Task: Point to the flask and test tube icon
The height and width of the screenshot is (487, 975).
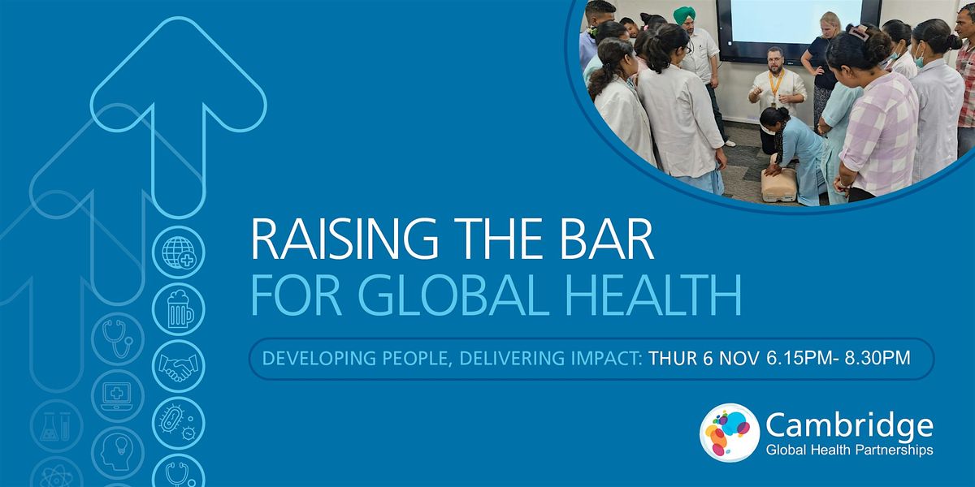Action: tap(57, 425)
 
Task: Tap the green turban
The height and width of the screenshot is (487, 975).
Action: tap(687, 15)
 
